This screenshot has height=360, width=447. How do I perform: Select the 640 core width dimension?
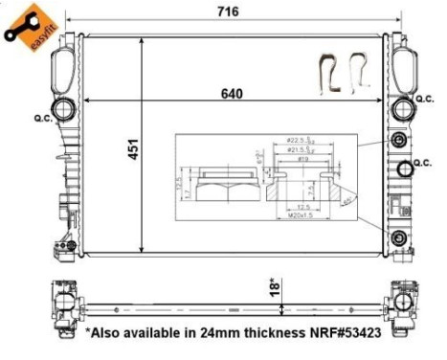(x=233, y=94)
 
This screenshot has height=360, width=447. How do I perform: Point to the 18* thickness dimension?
(x=273, y=286)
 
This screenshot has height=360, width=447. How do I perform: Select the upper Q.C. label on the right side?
(x=425, y=97)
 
